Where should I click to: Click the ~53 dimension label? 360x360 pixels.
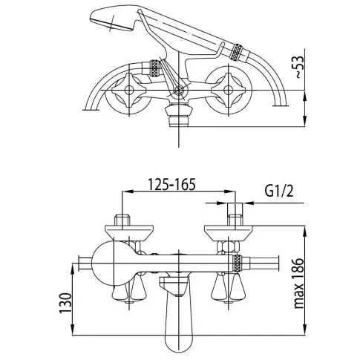click(x=299, y=67)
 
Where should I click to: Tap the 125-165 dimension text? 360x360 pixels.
click(x=171, y=184)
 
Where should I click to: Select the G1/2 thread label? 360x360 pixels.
click(x=279, y=191)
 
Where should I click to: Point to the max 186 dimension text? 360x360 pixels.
click(x=299, y=284)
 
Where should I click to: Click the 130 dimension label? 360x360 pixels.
click(x=65, y=303)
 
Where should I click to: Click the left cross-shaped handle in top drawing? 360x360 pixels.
click(x=129, y=90)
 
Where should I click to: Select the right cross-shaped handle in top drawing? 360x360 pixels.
click(x=228, y=90)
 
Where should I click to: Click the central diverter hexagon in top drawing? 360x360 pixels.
click(x=179, y=91)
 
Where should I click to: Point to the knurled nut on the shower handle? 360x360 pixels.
click(x=235, y=52)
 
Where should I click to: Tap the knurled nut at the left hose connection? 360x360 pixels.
click(x=154, y=67)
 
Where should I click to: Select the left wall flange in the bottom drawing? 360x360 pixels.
click(x=129, y=232)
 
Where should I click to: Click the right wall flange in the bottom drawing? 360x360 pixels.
click(x=228, y=232)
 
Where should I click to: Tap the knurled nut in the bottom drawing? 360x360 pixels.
click(x=238, y=264)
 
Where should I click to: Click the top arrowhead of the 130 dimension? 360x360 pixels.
click(x=73, y=269)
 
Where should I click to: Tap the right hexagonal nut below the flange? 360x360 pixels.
click(x=228, y=246)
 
